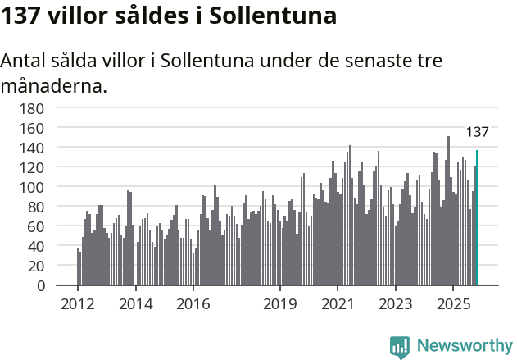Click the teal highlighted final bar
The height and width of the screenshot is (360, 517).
click(477, 218)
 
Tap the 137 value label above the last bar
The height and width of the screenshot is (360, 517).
click(477, 132)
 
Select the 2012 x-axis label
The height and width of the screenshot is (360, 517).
click(78, 304)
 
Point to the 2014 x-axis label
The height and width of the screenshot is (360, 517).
click(135, 304)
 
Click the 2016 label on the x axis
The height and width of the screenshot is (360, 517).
click(193, 304)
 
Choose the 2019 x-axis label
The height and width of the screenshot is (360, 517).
click(279, 304)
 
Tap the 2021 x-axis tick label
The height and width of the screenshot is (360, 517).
click(338, 304)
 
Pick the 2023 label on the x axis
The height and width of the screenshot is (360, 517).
click(395, 304)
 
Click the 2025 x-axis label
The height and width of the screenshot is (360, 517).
click(452, 304)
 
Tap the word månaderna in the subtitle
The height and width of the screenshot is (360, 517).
click(53, 85)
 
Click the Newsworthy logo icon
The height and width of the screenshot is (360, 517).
click(400, 347)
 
